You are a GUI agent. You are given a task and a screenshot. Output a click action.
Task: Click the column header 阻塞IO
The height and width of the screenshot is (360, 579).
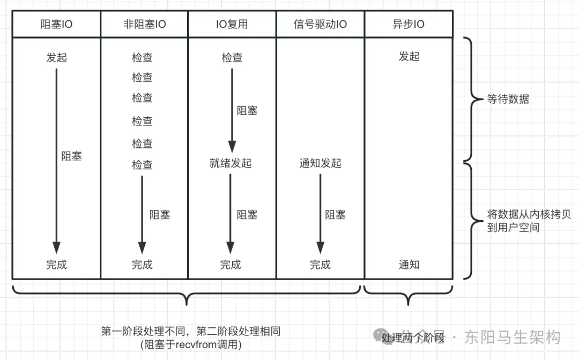[56, 24]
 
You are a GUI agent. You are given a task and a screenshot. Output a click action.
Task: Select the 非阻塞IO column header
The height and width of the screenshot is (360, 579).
[144, 24]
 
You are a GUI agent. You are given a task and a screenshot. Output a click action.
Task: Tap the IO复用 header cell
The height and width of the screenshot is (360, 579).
[232, 24]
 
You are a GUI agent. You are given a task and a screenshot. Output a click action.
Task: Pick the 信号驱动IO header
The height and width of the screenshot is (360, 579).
[320, 24]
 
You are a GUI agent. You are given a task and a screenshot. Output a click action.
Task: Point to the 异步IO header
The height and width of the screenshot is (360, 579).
[409, 24]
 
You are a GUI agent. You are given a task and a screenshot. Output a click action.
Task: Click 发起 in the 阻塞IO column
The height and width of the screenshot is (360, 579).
[56, 57]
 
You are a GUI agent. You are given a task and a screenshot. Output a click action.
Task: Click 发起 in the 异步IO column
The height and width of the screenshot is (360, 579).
[409, 56]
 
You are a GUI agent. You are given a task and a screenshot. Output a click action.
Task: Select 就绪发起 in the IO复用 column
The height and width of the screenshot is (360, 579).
[231, 163]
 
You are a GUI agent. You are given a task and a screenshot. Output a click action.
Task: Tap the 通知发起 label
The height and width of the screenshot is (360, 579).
[320, 163]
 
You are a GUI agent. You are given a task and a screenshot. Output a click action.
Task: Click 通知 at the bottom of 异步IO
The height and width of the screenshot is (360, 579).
[409, 265]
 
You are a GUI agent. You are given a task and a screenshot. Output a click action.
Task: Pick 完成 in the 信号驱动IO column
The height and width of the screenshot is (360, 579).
[320, 265]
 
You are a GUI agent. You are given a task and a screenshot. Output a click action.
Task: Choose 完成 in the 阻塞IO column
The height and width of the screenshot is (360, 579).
[56, 265]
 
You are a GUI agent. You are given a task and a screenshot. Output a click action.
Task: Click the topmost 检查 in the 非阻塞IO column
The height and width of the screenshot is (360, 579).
[142, 57]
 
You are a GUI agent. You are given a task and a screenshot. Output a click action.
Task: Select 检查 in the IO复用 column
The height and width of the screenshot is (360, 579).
[232, 57]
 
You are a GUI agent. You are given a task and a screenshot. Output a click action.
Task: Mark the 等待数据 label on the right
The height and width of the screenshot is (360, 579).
[508, 99]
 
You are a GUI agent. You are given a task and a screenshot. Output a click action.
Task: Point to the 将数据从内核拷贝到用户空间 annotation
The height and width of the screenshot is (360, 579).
[529, 221]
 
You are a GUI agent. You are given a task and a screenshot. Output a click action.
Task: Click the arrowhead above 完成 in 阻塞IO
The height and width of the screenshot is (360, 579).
[56, 248]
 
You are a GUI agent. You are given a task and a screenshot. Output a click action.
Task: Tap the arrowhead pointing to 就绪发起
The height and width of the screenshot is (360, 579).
[232, 147]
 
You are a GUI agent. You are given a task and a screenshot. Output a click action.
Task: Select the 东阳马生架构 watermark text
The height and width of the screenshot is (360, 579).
[513, 337]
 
